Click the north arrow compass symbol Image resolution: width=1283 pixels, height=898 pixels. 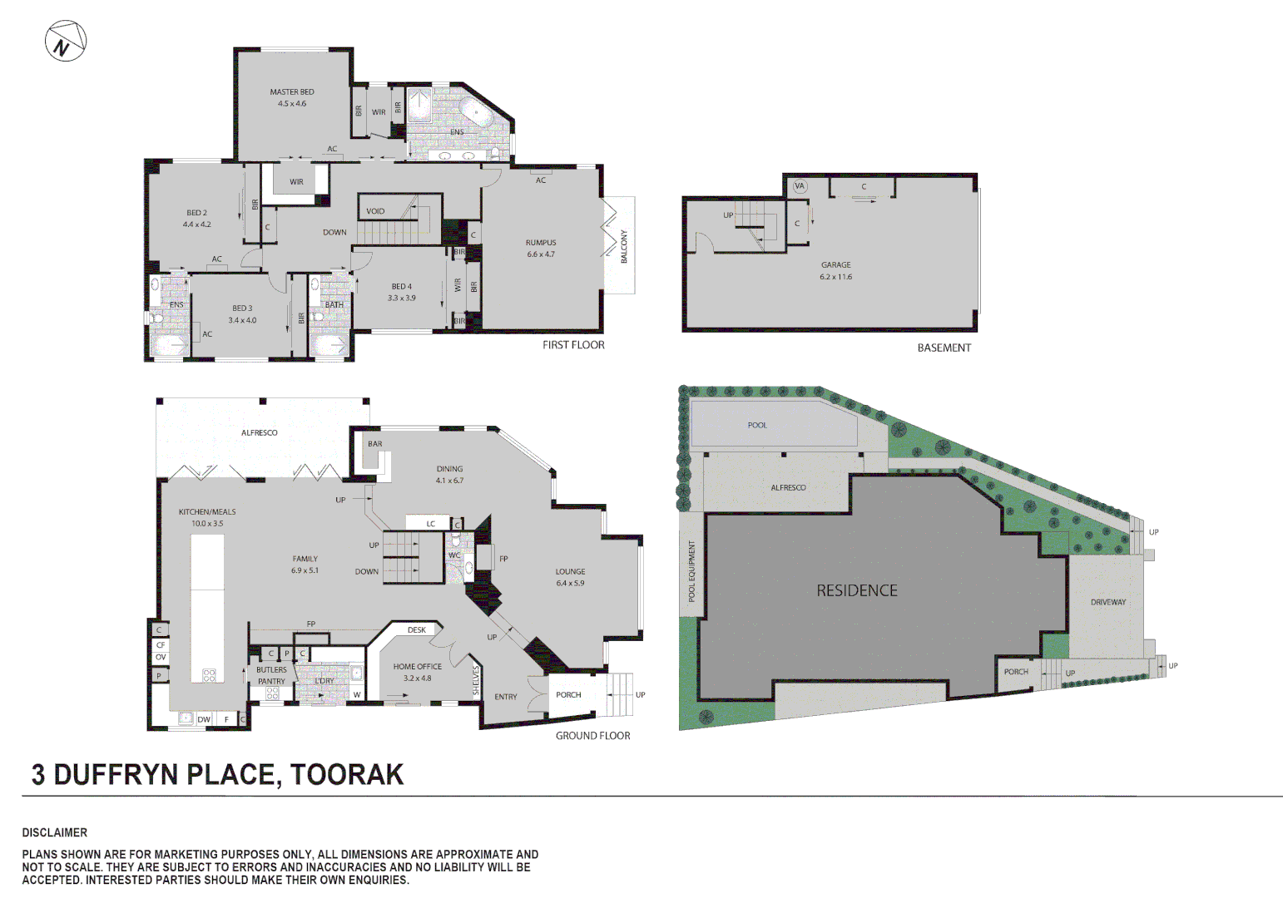65,41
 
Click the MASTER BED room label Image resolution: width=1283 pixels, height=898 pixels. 292,92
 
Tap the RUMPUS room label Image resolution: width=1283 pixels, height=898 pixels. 540,243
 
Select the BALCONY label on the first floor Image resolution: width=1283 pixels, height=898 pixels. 624,247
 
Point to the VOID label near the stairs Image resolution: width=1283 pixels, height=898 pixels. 375,211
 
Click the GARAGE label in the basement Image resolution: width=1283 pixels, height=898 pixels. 835,265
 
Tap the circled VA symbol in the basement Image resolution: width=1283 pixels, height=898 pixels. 800,186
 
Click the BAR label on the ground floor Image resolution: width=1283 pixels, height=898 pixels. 375,444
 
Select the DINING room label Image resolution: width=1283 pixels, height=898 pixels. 449,469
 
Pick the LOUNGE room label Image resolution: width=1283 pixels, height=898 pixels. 570,572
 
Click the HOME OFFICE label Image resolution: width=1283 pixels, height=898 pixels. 418,667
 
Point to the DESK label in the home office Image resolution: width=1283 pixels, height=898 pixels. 417,630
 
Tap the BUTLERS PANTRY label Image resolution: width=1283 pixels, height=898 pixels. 271,675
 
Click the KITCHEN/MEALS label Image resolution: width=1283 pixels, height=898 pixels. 207,512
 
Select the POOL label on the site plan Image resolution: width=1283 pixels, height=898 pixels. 757,426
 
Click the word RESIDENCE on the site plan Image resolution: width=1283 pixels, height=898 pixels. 857,591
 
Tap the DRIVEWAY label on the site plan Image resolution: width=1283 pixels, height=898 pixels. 1108,602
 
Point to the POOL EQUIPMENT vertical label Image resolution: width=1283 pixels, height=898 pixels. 691,571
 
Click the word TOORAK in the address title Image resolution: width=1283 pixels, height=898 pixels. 347,775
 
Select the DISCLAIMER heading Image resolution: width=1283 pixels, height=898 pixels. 55,832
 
